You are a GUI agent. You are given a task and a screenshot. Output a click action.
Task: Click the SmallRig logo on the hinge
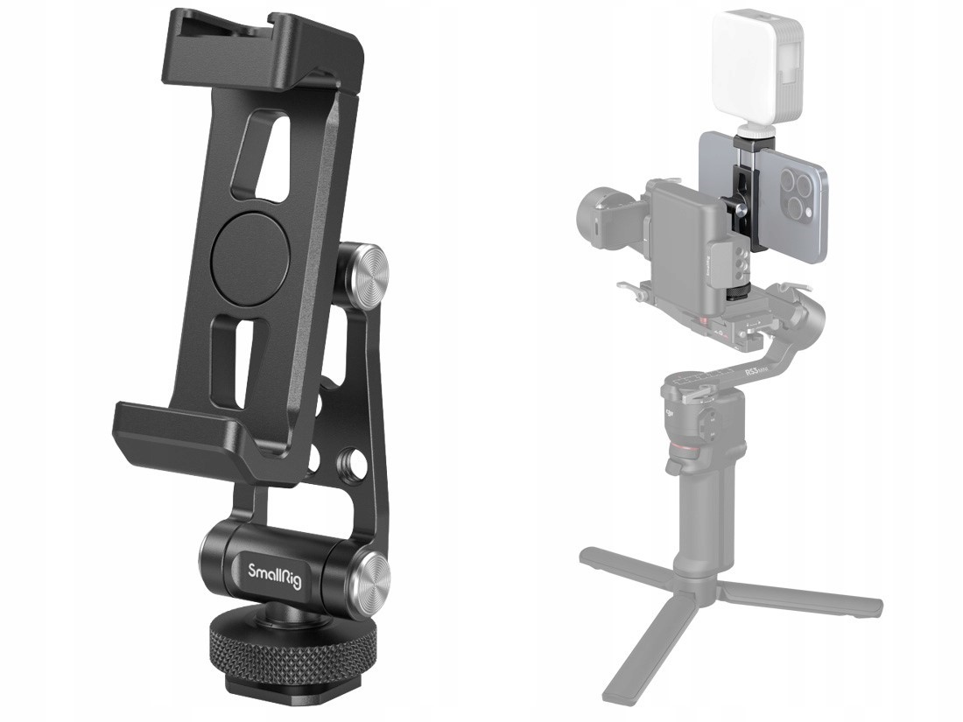pyautogui.click(x=274, y=575)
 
